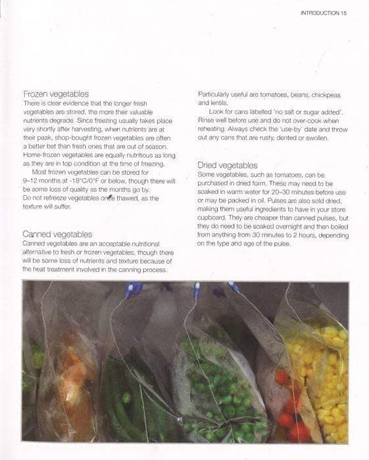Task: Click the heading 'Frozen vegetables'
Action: click(56, 94)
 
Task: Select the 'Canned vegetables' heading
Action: click(57, 234)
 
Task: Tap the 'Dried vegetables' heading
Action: click(228, 165)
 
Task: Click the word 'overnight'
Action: click(286, 226)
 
